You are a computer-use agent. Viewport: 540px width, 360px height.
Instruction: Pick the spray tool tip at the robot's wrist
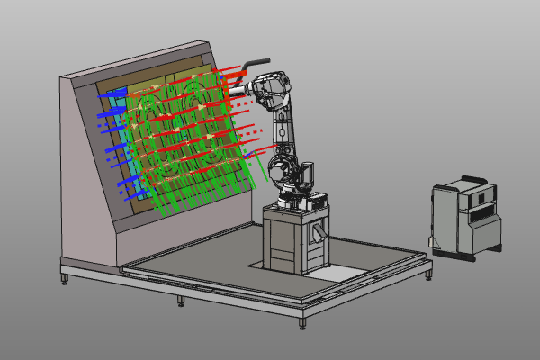coord(232,89)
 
